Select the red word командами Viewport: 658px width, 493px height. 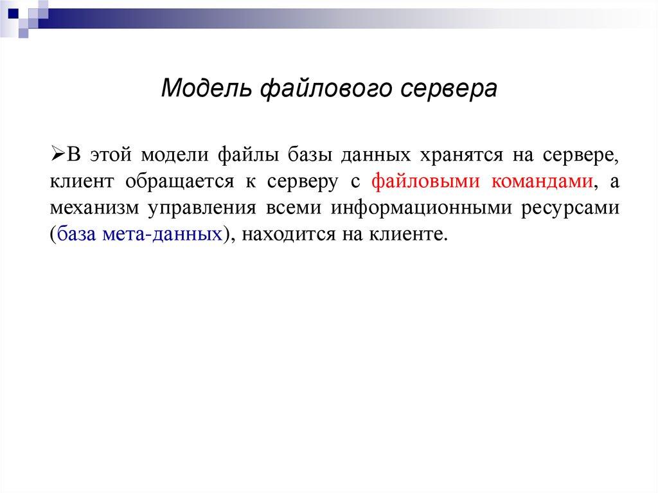(x=542, y=182)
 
